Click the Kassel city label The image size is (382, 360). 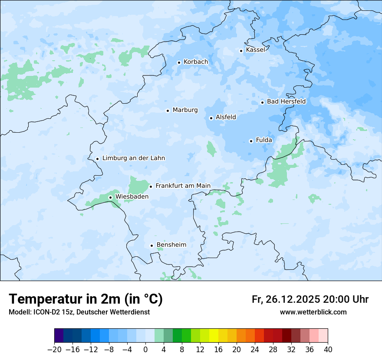click(255, 50)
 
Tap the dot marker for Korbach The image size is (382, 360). click(179, 62)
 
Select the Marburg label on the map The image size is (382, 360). click(185, 110)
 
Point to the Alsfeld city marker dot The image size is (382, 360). click(211, 118)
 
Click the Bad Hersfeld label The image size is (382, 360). click(286, 101)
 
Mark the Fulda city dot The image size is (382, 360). click(251, 141)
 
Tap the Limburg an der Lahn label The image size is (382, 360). click(133, 158)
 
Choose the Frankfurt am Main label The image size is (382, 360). click(183, 186)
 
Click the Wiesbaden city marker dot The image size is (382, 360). click(110, 197)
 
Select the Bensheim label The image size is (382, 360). click(171, 245)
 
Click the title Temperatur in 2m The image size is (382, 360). click(86, 299)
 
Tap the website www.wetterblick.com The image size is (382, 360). click(313, 312)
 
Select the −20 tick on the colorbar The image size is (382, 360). click(54, 349)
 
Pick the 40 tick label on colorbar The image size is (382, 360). click(328, 349)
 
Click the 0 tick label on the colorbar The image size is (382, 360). click(145, 349)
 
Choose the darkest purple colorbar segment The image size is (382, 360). click(59, 336)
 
